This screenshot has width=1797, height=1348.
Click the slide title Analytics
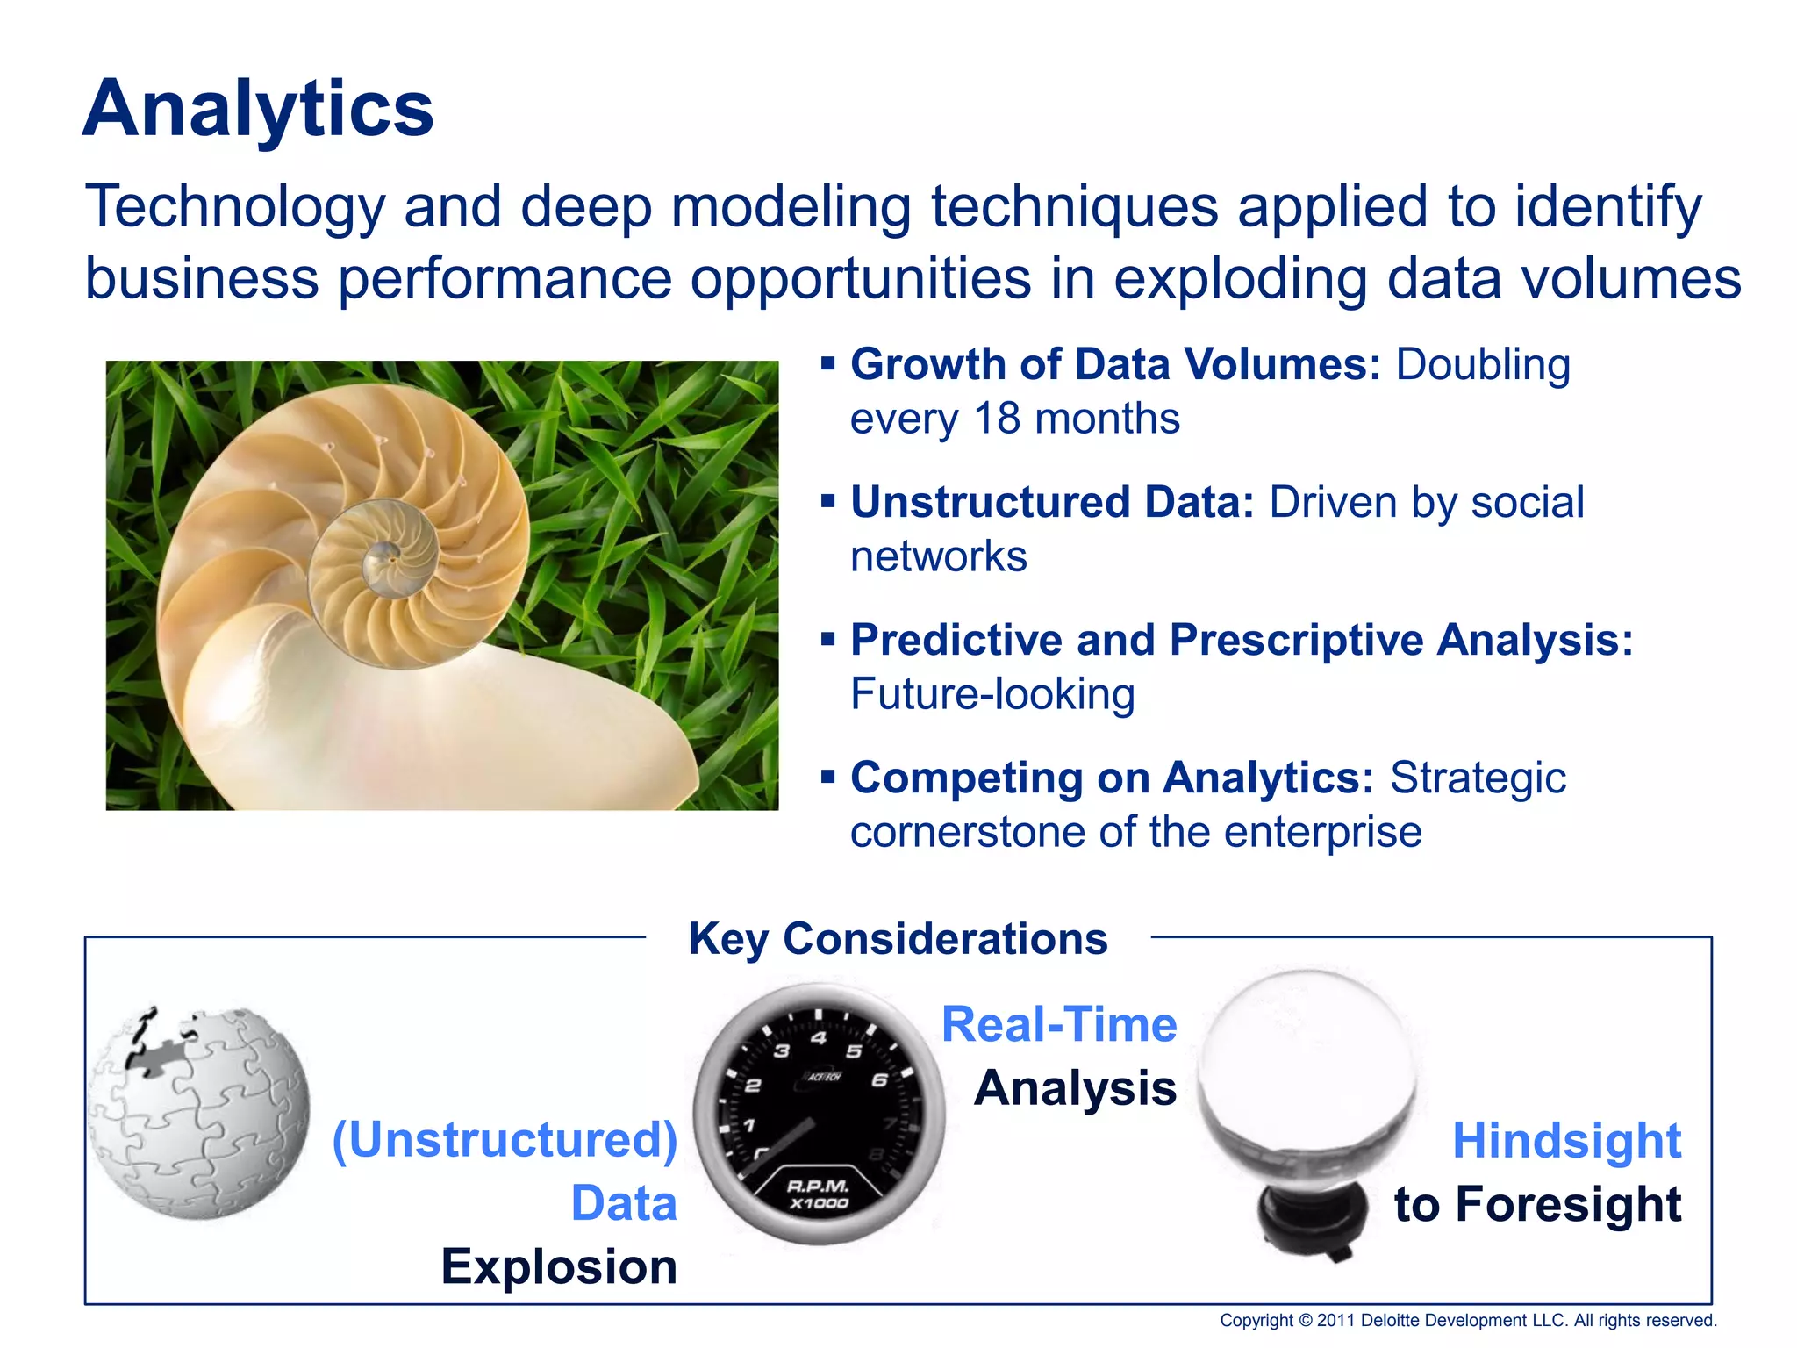[258, 109]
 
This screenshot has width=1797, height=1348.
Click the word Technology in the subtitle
[235, 208]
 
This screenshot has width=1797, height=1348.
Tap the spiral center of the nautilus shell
[384, 555]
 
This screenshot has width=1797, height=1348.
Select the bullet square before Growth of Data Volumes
[827, 362]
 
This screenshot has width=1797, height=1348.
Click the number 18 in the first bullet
[996, 419]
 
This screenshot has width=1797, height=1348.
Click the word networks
[938, 556]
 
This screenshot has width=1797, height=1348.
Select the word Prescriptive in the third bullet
[1295, 640]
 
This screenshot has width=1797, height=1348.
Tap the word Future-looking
[992, 694]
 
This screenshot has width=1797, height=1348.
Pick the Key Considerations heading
[898, 939]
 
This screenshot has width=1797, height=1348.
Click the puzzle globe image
[200, 1115]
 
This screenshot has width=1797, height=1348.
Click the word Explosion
[559, 1266]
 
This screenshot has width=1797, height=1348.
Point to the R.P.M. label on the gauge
[818, 1187]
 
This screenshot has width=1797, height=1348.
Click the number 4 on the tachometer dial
[819, 1039]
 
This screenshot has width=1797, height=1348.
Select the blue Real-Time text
[1059, 1025]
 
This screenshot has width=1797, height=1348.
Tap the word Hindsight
[1566, 1141]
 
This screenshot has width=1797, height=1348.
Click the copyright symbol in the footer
[1305, 1321]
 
